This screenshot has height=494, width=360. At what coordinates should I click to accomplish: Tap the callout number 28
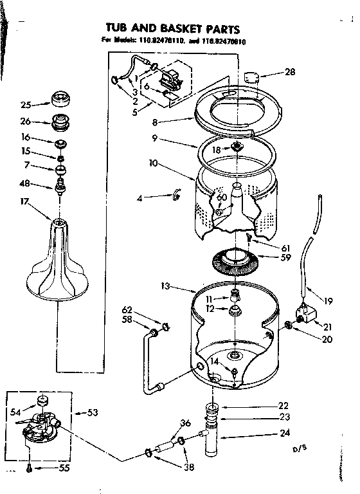[290, 72]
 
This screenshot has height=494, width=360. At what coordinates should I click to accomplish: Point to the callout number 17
[25, 201]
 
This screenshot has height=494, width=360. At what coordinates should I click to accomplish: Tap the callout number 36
[185, 423]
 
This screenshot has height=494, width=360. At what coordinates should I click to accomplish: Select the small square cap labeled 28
[253, 78]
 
